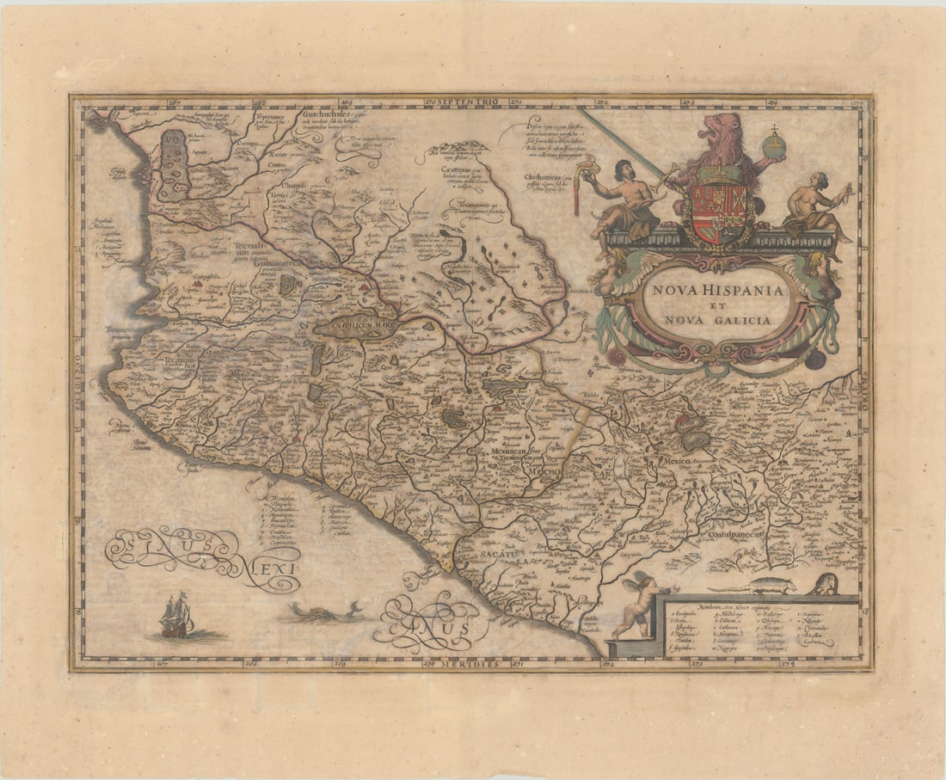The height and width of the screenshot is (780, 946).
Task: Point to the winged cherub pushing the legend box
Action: [636, 607]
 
